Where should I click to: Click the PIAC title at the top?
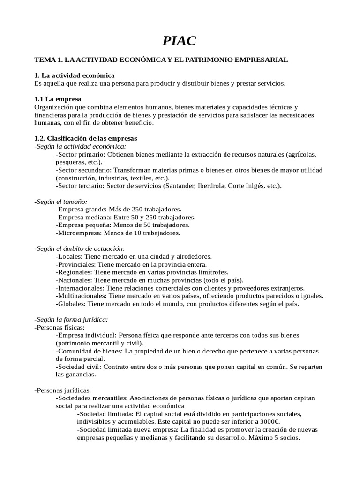(x=180, y=41)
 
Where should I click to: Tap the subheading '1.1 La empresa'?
(x=58, y=99)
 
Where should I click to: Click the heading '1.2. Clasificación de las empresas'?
(x=86, y=139)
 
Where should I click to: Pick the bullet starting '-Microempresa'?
(x=118, y=232)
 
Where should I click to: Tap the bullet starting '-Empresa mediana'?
(x=125, y=217)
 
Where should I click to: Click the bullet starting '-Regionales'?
(x=142, y=272)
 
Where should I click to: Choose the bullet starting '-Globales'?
(x=177, y=304)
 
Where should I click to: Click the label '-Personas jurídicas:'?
(x=63, y=390)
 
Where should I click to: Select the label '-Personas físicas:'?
(x=60, y=327)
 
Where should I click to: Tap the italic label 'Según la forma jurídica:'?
(x=71, y=319)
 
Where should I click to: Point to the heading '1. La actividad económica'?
(x=74, y=75)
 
